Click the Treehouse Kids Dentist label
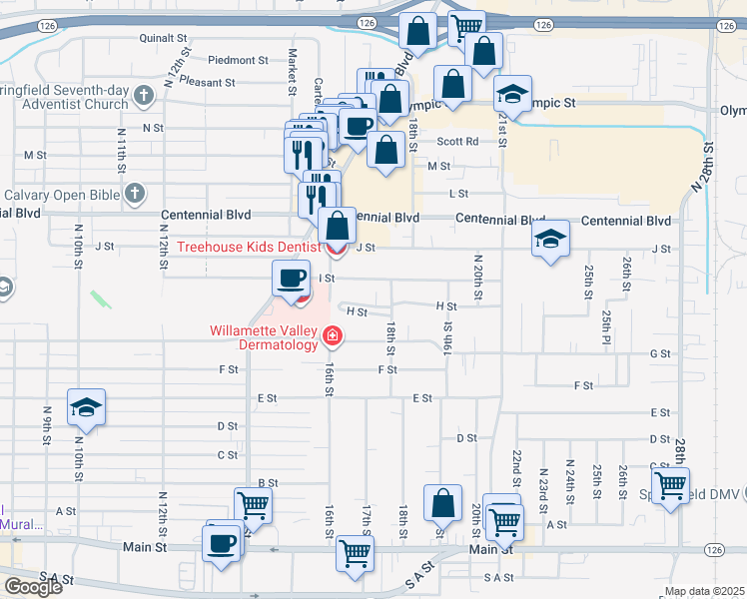tap(248, 247)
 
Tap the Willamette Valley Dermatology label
tap(263, 337)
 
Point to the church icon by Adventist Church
tap(144, 97)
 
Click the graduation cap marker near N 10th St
tap(87, 407)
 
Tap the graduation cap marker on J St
tap(549, 239)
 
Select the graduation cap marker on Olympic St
tap(513, 95)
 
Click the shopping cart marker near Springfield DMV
tap(671, 486)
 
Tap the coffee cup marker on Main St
tap(222, 544)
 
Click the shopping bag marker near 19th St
tap(442, 503)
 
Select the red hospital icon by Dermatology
tap(332, 339)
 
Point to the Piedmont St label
tap(239, 60)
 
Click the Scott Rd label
tap(457, 142)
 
